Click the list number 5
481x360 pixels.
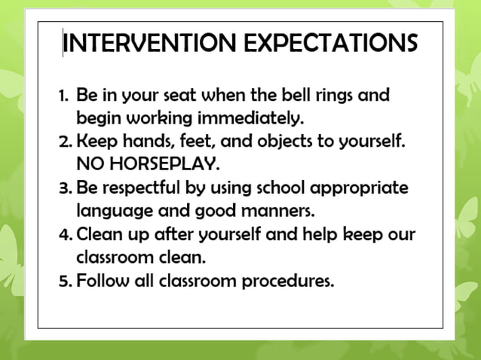pyautogui.click(x=64, y=281)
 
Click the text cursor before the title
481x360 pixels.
pyautogui.click(x=63, y=44)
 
